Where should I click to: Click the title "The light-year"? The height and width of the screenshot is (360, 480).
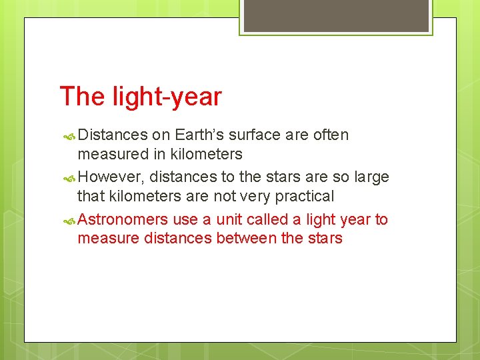coord(141,97)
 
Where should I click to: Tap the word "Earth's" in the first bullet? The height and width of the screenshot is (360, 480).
coord(199,135)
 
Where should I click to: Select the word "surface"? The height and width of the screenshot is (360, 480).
coord(254,135)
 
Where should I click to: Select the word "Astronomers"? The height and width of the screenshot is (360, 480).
coord(123,220)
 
